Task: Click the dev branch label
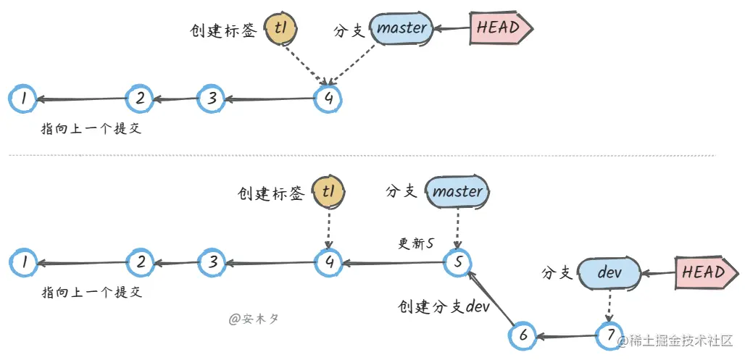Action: [609, 272]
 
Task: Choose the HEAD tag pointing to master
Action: [501, 28]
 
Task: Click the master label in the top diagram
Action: [402, 28]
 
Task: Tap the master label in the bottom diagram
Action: [458, 192]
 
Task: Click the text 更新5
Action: [416, 243]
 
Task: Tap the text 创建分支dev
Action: [444, 307]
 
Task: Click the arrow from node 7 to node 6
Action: [567, 336]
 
